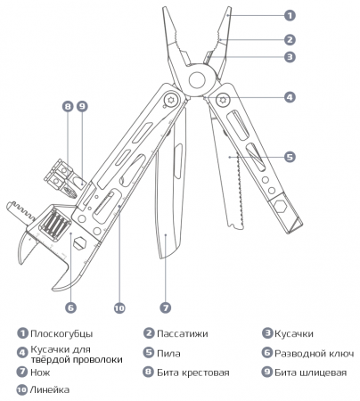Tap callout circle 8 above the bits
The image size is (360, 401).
[68, 106]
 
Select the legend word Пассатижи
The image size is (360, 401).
[182, 334]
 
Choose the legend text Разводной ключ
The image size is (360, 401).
[309, 353]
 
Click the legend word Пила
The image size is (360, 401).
[168, 353]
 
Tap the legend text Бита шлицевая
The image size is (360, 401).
[308, 372]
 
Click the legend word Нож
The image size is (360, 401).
[41, 372]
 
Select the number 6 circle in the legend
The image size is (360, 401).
[266, 353]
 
